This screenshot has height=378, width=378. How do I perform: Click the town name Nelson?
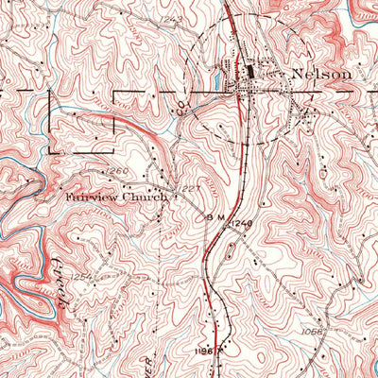[321, 73]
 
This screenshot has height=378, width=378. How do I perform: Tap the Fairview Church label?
[115, 198]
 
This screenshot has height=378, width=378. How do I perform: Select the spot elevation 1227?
[193, 188]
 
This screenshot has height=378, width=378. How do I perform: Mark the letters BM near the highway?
[214, 216]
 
